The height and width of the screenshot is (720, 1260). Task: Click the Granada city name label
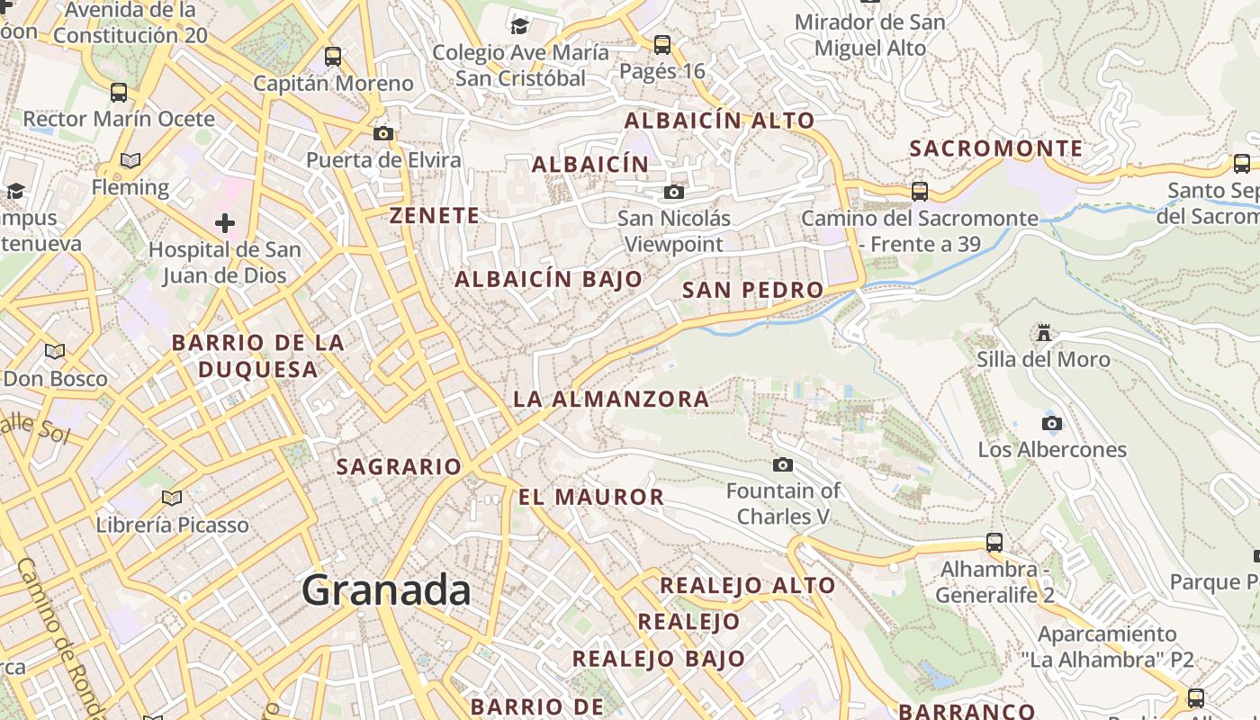tap(386, 590)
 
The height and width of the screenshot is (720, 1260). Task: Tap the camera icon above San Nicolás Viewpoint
tap(673, 192)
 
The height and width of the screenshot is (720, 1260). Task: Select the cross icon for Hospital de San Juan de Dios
tap(225, 222)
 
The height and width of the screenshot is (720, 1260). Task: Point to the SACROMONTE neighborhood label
tap(995, 148)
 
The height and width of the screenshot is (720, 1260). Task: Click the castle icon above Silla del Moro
tap(1044, 333)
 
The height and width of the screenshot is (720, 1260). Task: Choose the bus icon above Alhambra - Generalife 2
tap(994, 543)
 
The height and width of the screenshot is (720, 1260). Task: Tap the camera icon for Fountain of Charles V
tap(783, 464)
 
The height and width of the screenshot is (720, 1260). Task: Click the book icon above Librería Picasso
tap(172, 498)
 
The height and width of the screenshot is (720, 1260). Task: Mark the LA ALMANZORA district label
tap(611, 399)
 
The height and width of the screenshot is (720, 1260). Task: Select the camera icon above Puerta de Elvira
tap(383, 133)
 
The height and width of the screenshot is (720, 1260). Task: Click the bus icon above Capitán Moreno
tap(333, 57)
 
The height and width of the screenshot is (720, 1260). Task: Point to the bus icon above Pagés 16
tap(662, 44)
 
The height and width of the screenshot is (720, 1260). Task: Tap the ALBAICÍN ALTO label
tap(719, 121)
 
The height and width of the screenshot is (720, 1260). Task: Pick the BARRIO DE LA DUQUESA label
tap(257, 355)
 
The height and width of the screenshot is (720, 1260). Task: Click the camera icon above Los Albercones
tap(1051, 423)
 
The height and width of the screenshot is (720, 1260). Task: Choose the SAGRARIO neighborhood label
tap(399, 466)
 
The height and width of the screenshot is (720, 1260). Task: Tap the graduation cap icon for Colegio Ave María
tap(519, 25)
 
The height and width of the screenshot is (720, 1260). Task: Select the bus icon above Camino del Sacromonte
tap(919, 191)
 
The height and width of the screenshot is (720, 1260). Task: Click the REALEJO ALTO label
tap(748, 585)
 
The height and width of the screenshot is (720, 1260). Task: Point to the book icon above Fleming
tap(130, 161)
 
